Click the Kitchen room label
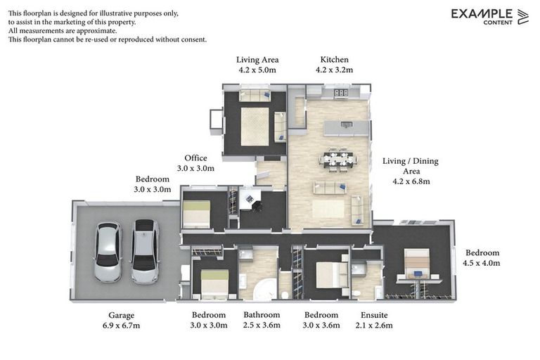coord(334,60)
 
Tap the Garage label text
coord(121,315)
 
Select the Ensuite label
coord(374,315)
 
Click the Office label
coord(195,158)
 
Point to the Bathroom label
coord(262,314)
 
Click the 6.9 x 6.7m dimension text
coord(121,326)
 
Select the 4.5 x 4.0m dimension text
coord(482,263)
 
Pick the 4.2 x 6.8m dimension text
coord(411,181)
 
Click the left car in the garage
coord(108,252)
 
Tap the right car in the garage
coord(146,252)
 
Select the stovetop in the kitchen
coord(341,92)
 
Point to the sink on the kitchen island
coord(346,124)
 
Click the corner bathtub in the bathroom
coord(265,290)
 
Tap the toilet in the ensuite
coord(356,294)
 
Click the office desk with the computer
coord(249,198)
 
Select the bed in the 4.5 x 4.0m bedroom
coord(417,264)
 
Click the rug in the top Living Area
coord(255,127)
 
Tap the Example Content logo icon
coord(523,17)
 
